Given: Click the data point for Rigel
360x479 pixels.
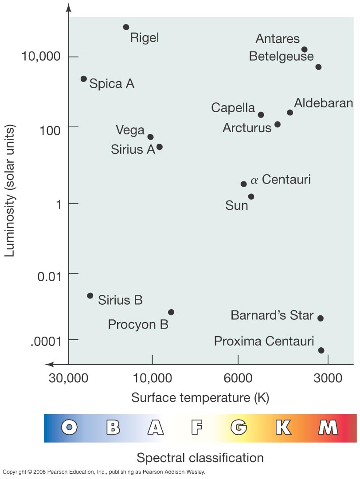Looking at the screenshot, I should (x=126, y=27).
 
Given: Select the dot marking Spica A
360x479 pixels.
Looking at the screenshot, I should (x=84, y=79).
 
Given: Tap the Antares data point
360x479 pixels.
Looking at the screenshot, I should (x=304, y=50).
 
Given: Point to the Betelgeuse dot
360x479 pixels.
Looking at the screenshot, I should (x=318, y=67).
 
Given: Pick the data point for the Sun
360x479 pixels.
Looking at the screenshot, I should (x=251, y=196).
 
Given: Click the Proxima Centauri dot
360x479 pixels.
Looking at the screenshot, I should (x=321, y=350).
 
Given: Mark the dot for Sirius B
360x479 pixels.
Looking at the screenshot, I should (x=90, y=295).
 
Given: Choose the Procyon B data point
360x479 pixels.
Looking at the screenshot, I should (x=171, y=312).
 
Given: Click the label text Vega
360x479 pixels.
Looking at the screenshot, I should (x=130, y=130).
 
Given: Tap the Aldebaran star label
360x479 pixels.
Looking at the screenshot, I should (x=324, y=103).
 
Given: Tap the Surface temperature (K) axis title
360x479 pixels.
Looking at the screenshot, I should (x=200, y=397).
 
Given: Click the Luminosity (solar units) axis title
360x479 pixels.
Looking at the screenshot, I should (x=11, y=191).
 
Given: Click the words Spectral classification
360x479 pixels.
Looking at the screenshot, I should (x=200, y=457).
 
